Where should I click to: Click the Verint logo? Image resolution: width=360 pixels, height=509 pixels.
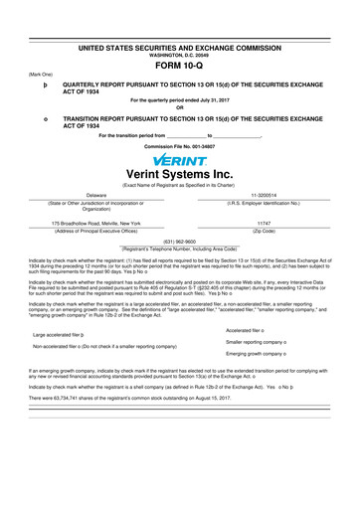[x=180, y=159]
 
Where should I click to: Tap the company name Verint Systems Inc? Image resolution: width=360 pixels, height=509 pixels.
[x=180, y=173]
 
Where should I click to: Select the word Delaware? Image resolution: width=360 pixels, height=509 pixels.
[x=96, y=195]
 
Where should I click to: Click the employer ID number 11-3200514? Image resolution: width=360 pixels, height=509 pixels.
[x=265, y=195]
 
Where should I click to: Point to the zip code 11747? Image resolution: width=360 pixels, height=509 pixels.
[x=265, y=224]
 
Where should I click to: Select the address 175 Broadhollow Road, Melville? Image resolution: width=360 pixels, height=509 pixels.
[x=96, y=224]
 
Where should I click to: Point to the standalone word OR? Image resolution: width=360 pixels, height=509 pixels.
[x=180, y=108]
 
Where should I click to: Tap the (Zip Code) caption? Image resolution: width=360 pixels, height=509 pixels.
[x=265, y=231]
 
